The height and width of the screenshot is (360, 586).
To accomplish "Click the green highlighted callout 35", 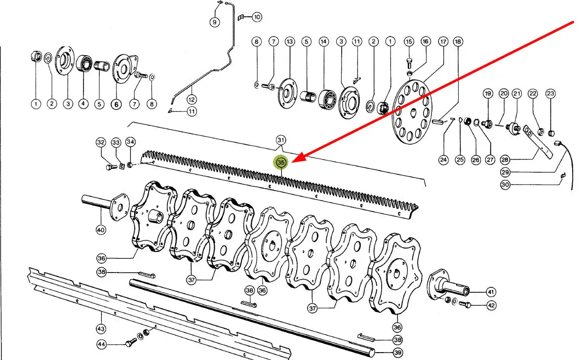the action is [281, 162].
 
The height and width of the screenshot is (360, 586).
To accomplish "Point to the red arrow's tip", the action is [292, 162].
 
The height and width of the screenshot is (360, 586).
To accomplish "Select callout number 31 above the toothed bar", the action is [281, 140].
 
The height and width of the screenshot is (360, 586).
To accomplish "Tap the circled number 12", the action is [192, 99].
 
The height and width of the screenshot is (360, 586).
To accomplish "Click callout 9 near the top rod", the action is [215, 22].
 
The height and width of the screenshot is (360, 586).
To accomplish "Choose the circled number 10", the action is [257, 17].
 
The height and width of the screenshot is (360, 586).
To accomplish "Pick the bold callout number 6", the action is [116, 105].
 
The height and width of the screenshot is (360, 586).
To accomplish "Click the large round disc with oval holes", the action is [412, 112].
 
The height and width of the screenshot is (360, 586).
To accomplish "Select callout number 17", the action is [443, 41].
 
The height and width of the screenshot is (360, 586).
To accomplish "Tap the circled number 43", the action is [101, 329].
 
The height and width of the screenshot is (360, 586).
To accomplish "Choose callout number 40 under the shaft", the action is [101, 230].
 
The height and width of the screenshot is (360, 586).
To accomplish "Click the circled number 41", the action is [491, 292].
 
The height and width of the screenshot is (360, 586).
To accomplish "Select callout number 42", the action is [491, 305].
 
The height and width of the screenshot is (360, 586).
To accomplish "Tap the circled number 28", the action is [505, 160].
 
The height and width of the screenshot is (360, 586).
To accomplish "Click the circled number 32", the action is [101, 142].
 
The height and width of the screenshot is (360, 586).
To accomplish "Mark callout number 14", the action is [324, 41].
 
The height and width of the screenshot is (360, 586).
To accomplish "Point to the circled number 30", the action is [505, 185].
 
